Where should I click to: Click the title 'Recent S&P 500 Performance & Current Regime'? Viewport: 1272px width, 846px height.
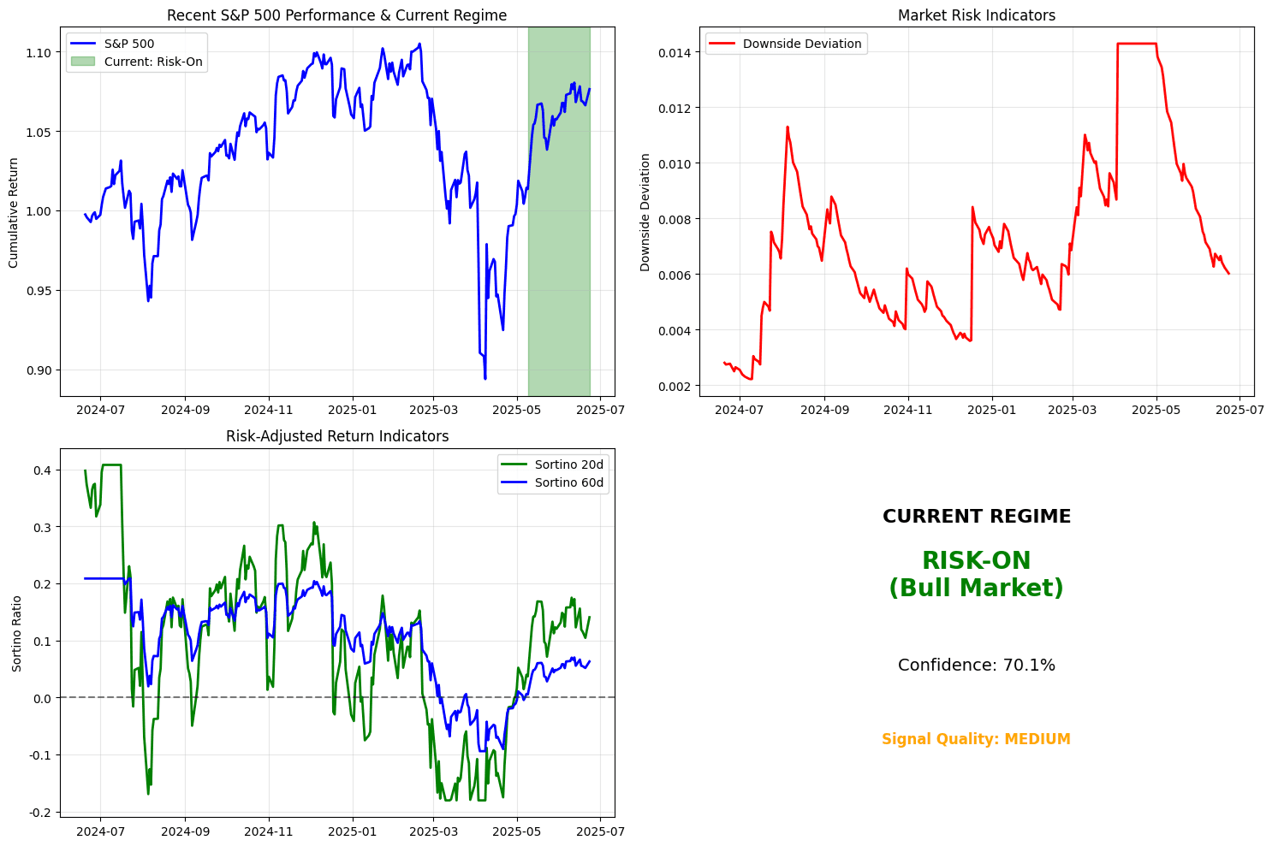(336, 15)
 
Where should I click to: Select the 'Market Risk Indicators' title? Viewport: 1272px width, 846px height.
(976, 15)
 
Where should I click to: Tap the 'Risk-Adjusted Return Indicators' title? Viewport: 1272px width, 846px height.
(336, 436)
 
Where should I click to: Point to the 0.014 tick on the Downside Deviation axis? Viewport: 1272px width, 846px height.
(676, 52)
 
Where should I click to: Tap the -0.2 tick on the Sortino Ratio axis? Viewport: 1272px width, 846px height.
(39, 812)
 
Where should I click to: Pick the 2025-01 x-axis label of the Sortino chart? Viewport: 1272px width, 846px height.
(353, 831)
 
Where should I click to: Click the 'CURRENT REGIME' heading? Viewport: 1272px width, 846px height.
(976, 517)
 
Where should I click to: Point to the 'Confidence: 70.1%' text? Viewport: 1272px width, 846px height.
(976, 666)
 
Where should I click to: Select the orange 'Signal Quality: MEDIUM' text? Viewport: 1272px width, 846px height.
(976, 739)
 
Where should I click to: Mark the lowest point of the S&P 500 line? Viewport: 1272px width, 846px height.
(485, 379)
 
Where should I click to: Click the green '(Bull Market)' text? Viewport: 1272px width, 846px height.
(976, 589)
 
